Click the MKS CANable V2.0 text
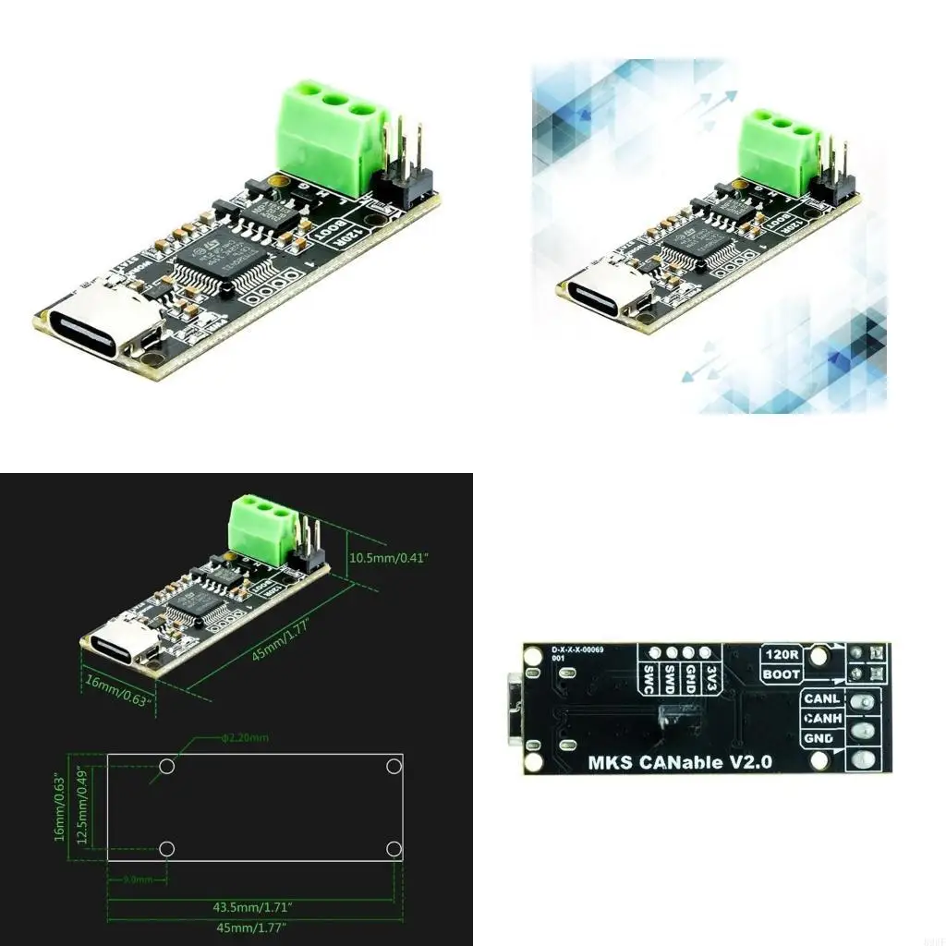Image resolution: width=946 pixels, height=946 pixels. (x=680, y=763)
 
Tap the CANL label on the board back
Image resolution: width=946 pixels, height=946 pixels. (x=821, y=699)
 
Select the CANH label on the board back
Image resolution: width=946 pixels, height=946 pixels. (x=821, y=719)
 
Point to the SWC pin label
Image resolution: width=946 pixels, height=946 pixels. (x=648, y=679)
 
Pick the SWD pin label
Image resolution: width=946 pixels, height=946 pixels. (x=669, y=679)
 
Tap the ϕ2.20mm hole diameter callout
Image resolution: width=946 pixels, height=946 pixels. (x=245, y=738)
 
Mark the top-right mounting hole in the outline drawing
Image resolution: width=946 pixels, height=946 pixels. (x=394, y=767)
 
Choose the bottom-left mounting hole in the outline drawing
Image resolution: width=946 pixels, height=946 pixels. (x=167, y=848)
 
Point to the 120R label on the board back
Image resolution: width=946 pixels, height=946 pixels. (x=781, y=655)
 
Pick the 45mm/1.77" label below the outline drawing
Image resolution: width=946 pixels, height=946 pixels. (x=253, y=927)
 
